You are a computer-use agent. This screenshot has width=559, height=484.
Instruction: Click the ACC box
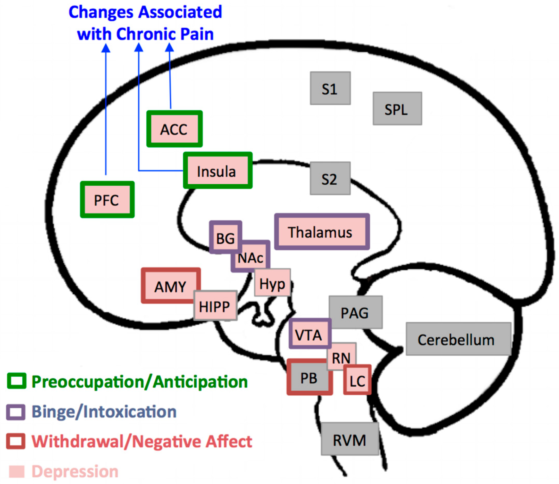pyautogui.click(x=174, y=129)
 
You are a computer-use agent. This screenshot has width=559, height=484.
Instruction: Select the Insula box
pyautogui.click(x=218, y=170)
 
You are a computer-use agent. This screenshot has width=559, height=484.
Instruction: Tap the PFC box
pyautogui.click(x=107, y=200)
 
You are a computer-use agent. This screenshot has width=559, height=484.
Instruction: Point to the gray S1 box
pyautogui.click(x=330, y=88)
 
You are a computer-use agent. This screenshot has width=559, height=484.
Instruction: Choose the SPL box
pyautogui.click(x=397, y=109)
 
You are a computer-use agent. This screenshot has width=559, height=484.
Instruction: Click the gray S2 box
pyautogui.click(x=330, y=178)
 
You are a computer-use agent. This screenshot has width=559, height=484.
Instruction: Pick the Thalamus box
pyautogui.click(x=322, y=232)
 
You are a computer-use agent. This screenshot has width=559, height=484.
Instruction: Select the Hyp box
pyautogui.click(x=272, y=283)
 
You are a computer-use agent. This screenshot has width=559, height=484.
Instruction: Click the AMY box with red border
pyautogui.click(x=170, y=285)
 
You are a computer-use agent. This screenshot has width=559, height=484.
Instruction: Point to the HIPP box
pyautogui.click(x=215, y=306)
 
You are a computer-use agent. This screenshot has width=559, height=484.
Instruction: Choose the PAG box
pyautogui.click(x=355, y=312)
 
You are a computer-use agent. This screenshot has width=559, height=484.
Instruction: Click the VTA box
pyautogui.click(x=310, y=334)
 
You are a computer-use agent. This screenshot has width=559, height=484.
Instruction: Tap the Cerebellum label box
pyautogui.click(x=458, y=339)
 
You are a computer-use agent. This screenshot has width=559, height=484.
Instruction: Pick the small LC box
pyautogui.click(x=357, y=380)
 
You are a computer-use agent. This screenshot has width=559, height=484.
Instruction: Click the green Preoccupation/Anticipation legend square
pyautogui.click(x=17, y=381)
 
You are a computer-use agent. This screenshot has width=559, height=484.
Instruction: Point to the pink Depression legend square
pyautogui.click(x=17, y=471)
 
